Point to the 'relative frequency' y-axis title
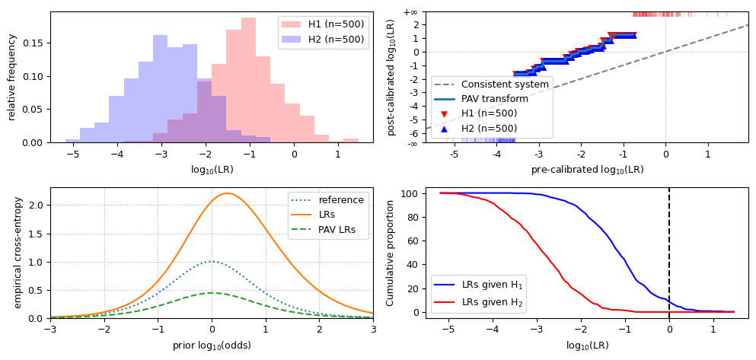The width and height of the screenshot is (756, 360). [12, 77]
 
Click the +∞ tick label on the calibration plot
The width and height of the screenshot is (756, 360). [410, 12]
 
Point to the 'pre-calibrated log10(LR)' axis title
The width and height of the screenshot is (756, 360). [587, 170]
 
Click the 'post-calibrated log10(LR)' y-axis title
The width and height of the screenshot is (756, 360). [391, 77]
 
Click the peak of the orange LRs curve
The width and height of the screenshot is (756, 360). [226, 193]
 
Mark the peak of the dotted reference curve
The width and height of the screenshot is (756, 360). [212, 261]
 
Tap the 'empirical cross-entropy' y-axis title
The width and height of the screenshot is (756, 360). [18, 253]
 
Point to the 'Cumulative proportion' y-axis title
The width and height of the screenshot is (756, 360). [391, 253]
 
